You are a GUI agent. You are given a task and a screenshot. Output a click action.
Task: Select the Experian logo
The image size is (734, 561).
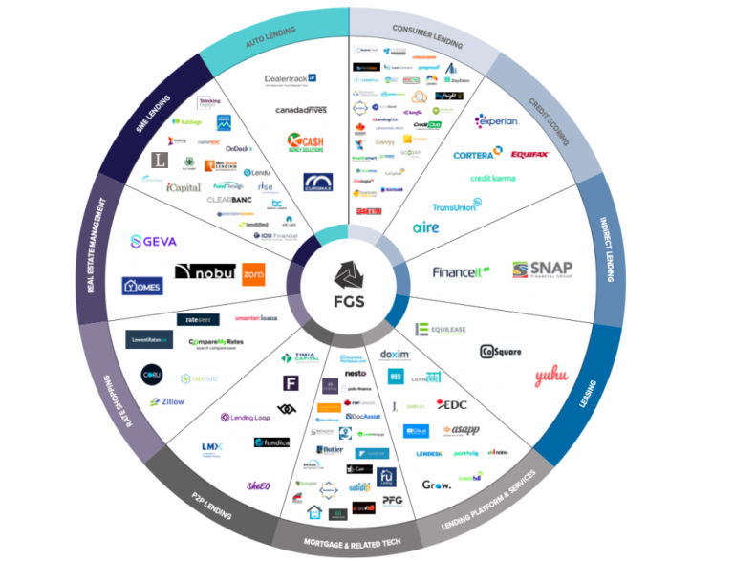497,121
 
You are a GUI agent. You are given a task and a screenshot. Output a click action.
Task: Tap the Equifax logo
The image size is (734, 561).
530,153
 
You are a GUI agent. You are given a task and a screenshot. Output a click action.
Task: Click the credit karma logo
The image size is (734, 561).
493,179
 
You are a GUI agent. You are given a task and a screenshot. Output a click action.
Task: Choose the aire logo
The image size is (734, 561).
425,227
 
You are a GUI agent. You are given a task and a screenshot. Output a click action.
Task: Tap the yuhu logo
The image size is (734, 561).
551,376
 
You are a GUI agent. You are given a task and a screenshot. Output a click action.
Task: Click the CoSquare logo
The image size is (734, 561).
500,352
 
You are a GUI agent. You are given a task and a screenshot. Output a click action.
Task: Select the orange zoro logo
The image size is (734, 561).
254,274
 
